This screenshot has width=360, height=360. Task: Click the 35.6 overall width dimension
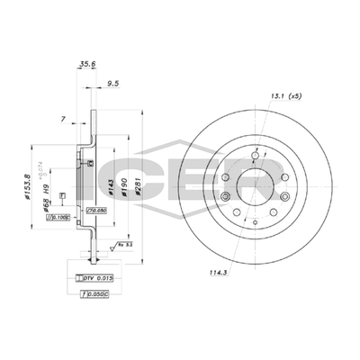tap(86, 65)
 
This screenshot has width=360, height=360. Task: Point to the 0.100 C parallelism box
tap(60, 217)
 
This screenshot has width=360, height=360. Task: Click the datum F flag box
tap(60, 195)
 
